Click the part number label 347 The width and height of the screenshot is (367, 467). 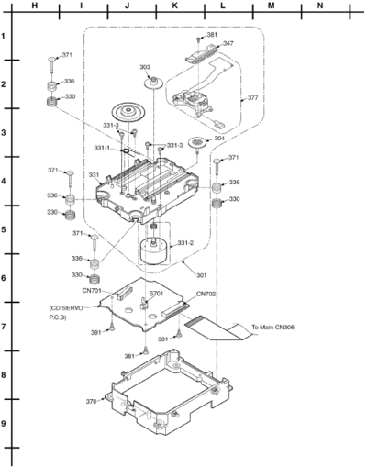228,43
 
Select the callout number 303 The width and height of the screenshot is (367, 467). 145,66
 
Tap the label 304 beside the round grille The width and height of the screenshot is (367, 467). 219,138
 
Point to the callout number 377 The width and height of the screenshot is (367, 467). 252,98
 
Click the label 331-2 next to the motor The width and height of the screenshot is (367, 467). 185,243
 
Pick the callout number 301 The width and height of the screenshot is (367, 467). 201,275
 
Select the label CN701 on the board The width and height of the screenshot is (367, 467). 92,291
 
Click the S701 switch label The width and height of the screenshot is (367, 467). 156,294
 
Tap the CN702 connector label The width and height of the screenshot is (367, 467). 206,294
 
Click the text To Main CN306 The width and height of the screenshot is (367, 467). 272,328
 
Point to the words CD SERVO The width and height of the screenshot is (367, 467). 66,308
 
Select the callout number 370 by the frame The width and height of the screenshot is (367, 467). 91,402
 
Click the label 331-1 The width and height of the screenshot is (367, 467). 102,148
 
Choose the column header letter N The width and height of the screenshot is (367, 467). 320,6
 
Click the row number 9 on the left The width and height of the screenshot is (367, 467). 4,424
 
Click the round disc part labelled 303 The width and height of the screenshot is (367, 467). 153,83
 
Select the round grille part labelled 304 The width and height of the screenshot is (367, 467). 197,141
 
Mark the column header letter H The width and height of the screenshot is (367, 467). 35,6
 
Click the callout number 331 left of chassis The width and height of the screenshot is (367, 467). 94,175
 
